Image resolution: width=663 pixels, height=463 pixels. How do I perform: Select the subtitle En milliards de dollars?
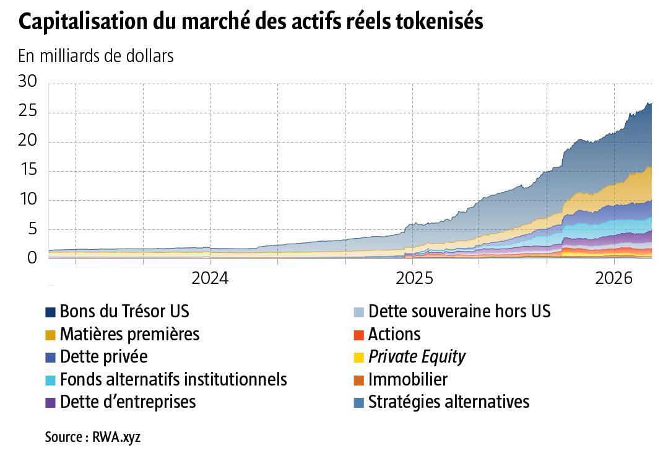[96, 56]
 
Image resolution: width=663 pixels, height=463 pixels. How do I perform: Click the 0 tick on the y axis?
[32, 258]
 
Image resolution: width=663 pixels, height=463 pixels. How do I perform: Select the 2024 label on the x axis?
[210, 278]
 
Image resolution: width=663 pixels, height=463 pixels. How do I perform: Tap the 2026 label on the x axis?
[613, 278]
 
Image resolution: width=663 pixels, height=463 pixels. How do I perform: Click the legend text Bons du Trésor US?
[124, 311]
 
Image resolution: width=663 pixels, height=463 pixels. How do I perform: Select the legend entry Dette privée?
[103, 357]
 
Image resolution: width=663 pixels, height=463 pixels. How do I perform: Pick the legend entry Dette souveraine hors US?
[459, 311]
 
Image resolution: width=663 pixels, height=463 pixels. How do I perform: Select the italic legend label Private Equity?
[417, 357]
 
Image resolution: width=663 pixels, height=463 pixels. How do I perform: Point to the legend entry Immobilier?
[407, 379]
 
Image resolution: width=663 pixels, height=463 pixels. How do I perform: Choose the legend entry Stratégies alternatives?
[448, 402]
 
